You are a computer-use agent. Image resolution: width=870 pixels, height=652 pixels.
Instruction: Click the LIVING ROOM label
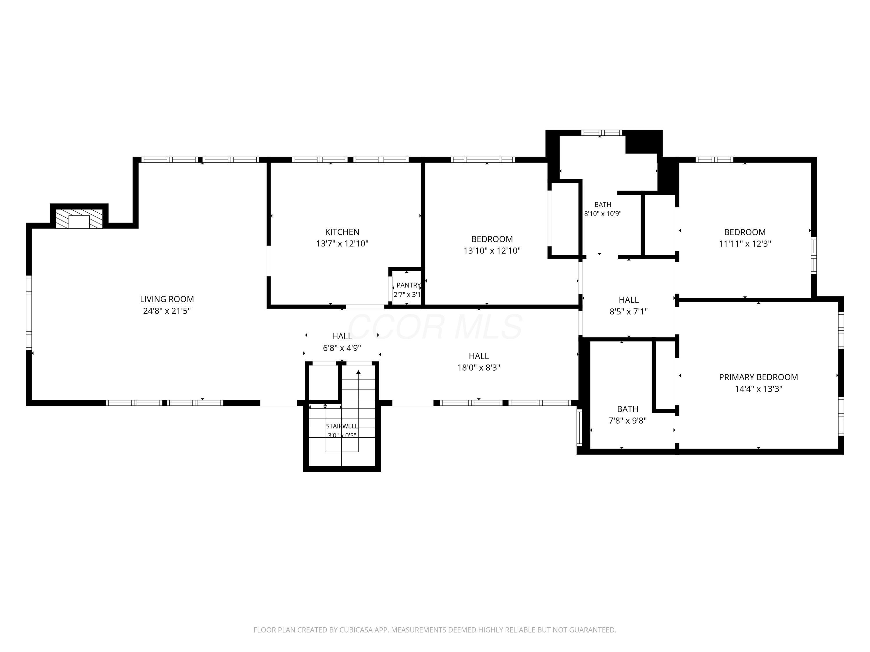point(167,299)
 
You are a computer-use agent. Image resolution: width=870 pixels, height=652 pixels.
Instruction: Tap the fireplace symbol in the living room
point(79,218)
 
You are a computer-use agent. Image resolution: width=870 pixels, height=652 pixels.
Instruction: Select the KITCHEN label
point(342,232)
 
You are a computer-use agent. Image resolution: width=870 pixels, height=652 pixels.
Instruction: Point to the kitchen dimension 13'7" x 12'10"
point(342,244)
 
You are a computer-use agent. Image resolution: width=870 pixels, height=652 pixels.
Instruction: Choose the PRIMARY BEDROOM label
point(758,377)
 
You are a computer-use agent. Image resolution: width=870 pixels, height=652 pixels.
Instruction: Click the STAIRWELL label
point(342,426)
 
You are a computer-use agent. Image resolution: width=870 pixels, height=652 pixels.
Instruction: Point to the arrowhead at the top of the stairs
point(358,372)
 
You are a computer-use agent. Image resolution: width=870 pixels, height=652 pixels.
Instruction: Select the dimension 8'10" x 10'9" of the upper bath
point(603,214)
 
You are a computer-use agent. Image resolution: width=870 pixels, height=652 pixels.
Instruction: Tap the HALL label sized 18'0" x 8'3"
point(479,356)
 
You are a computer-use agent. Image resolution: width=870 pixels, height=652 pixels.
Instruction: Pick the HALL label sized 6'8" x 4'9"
point(342,336)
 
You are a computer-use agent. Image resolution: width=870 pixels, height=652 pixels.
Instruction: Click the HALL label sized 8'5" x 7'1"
point(628,300)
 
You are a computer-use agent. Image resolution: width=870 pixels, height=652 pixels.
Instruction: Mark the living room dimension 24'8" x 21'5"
point(167,311)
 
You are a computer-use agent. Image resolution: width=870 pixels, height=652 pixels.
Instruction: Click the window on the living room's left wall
point(29,313)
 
